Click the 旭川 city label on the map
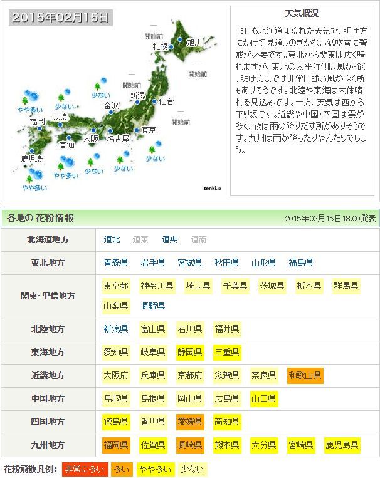tap(195, 42)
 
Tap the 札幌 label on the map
tap(160, 46)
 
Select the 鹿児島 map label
tap(32, 158)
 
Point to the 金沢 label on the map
tap(111, 105)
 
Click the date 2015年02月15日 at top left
tap(60, 17)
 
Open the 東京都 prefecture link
tap(116, 286)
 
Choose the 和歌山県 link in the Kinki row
tap(305, 375)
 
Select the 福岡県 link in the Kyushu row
tap(116, 445)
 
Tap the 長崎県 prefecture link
tap(189, 445)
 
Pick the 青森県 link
tap(116, 262)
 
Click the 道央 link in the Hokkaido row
tap(169, 239)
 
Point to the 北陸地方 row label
tap(48, 329)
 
